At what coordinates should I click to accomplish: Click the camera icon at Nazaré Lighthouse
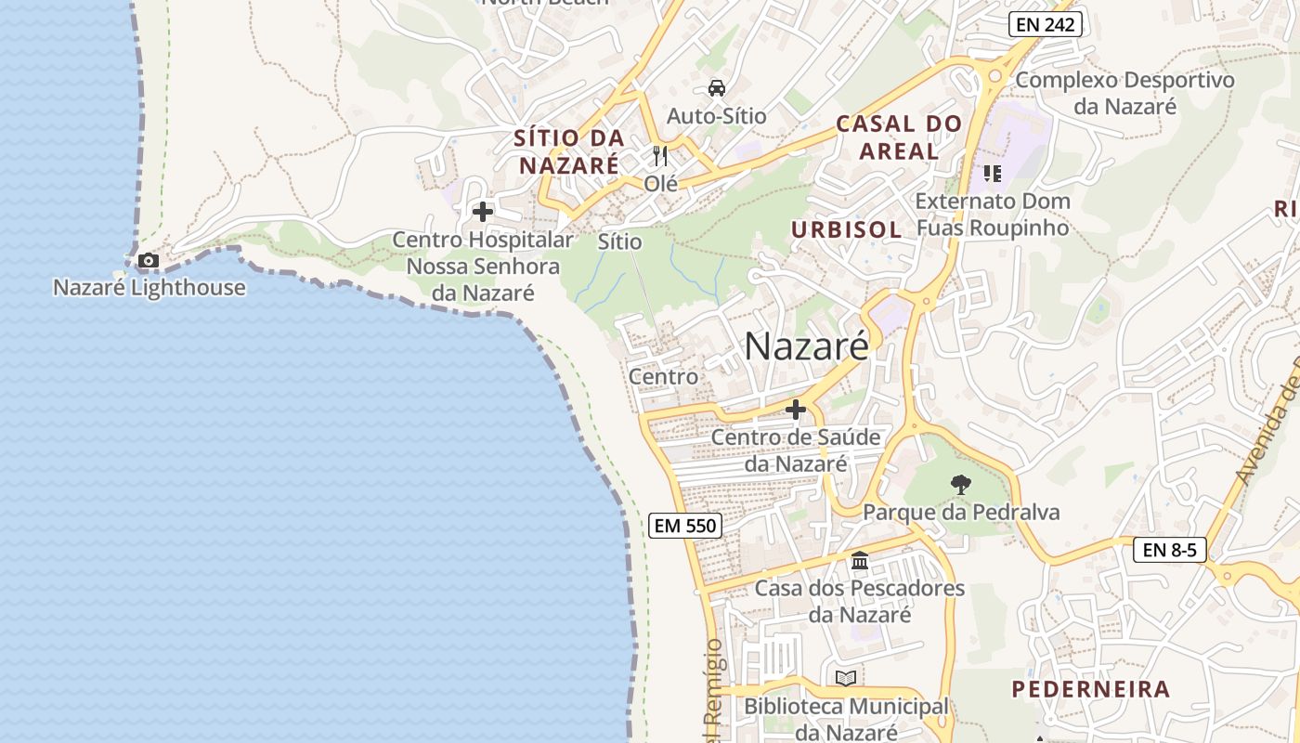point(149,261)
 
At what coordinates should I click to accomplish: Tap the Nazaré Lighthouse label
point(149,288)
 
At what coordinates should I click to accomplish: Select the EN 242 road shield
point(1046,25)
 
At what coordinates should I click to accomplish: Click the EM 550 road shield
point(685,526)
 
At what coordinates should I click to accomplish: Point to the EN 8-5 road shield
point(1169,550)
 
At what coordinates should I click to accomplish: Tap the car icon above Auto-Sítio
point(716,88)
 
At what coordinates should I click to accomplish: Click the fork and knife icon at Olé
point(660,155)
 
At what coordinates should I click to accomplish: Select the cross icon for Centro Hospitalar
point(483,212)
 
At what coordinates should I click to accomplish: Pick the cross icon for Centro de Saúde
point(796,409)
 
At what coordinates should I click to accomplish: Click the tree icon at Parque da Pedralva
point(961,484)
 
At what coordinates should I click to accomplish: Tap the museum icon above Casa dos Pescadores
point(860,561)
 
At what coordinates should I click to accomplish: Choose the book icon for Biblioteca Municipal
point(846,679)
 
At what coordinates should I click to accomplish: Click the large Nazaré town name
point(807,346)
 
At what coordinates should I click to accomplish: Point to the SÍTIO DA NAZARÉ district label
point(569,152)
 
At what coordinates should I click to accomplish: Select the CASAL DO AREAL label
point(899,137)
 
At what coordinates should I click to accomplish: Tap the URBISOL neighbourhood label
point(846,230)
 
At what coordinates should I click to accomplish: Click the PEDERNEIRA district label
point(1090,689)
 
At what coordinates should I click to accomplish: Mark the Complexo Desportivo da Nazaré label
point(1124,93)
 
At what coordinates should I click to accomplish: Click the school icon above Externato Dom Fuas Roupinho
point(993,174)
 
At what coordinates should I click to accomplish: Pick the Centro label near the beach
point(663,377)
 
